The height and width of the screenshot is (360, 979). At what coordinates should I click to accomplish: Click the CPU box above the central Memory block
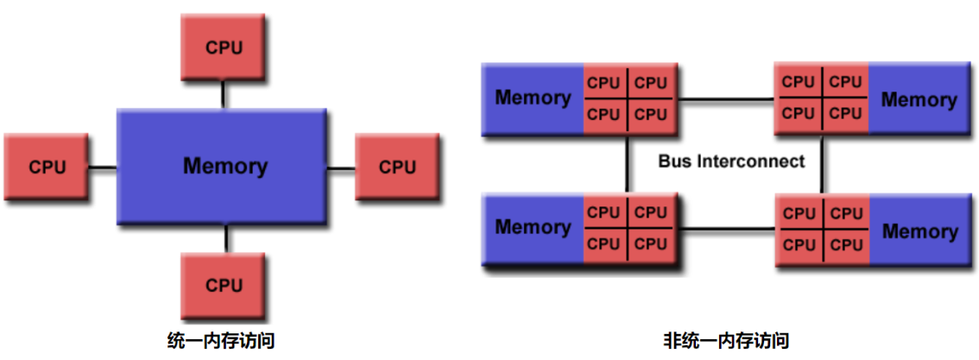224,47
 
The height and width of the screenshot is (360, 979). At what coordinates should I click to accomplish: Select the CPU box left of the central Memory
47,167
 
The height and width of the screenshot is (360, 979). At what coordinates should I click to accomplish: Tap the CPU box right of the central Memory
397,167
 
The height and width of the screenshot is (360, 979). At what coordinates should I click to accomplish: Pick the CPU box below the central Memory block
224,285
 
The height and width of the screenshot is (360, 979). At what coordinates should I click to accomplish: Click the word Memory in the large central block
224,166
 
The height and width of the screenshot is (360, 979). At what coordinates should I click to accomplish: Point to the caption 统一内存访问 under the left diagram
220,340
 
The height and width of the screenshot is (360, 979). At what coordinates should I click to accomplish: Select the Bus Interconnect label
731,161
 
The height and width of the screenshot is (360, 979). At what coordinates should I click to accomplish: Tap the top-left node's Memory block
533,98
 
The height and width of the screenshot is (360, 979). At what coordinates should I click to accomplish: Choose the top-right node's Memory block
919,99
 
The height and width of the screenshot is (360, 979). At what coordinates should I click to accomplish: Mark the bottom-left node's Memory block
533,227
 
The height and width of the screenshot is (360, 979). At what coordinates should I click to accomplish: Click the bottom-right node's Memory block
919,231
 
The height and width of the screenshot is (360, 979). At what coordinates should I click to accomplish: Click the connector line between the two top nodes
727,98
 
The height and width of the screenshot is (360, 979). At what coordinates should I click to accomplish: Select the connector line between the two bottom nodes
730,229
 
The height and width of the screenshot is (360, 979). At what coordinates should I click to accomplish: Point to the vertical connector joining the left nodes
628,164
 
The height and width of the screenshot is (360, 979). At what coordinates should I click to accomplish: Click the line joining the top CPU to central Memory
224,93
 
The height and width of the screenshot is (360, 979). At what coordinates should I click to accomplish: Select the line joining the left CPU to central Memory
103,167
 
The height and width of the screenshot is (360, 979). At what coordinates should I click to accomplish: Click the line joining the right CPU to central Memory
340,167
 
